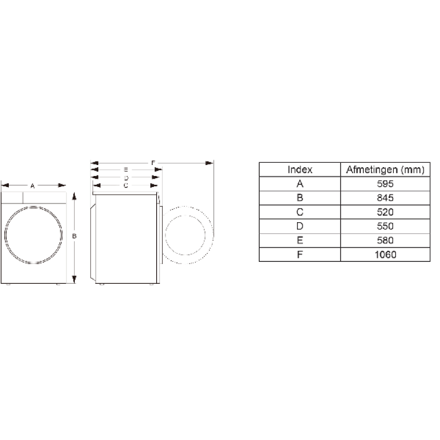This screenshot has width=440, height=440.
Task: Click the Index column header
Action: click(300, 169)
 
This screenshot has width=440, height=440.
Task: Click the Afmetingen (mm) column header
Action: click(385, 169)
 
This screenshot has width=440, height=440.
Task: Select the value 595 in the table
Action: click(385, 184)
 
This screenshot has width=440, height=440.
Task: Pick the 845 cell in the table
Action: click(385, 198)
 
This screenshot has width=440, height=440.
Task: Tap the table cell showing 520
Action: click(385, 212)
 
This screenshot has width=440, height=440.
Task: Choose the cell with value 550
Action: click(385, 226)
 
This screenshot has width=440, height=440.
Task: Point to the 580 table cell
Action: click(385, 240)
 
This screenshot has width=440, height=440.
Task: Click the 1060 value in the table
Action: click(386, 255)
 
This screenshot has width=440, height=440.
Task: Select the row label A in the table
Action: click(300, 184)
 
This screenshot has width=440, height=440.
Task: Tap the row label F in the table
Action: click(300, 255)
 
